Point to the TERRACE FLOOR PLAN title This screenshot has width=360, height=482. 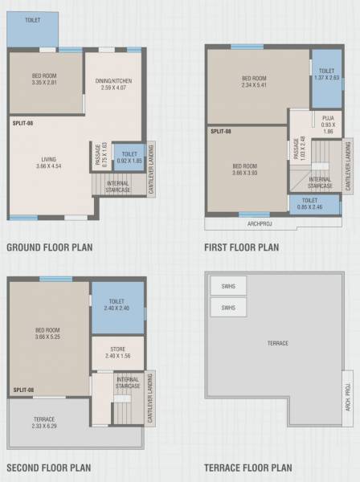coord(248,467)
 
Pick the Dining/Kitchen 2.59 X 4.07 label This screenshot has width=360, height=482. coord(113,84)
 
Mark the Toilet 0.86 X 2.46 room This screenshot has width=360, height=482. coord(310,203)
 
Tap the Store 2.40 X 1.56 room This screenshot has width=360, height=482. coord(117,352)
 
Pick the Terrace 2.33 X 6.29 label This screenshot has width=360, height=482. coord(44,423)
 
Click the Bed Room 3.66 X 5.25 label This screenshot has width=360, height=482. coord(48,332)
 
